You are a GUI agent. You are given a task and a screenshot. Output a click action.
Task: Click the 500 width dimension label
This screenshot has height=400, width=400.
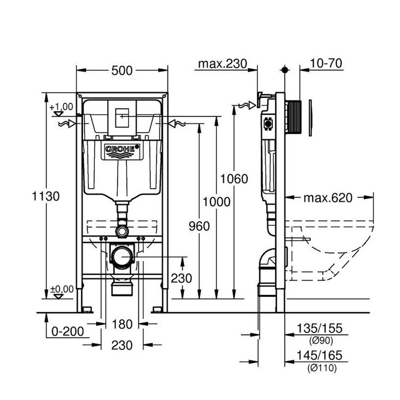tap(122, 70)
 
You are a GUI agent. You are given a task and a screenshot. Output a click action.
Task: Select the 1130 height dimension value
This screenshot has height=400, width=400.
tap(46, 196)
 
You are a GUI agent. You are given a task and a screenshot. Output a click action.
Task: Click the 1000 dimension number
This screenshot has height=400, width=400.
tap(216, 201)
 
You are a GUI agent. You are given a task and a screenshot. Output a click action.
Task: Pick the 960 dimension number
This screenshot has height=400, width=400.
tap(199, 226)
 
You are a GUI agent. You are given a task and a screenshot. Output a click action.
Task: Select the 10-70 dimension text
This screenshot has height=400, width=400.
tap(326, 64)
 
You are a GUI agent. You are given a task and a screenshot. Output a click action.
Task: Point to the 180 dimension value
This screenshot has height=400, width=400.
tap(122, 324)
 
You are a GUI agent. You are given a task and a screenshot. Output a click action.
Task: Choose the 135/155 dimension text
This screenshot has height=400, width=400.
tap(313, 329)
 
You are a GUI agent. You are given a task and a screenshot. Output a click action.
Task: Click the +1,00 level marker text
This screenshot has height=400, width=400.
tap(61, 107)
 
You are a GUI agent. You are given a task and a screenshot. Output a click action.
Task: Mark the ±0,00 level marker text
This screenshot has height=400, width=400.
tap(62, 289)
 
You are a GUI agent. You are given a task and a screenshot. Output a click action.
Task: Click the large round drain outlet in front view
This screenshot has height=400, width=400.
tap(122, 257)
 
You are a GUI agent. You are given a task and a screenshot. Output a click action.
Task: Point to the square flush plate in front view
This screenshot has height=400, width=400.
tap(122, 118)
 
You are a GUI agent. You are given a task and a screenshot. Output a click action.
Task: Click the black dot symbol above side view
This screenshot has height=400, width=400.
tap(284, 70)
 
